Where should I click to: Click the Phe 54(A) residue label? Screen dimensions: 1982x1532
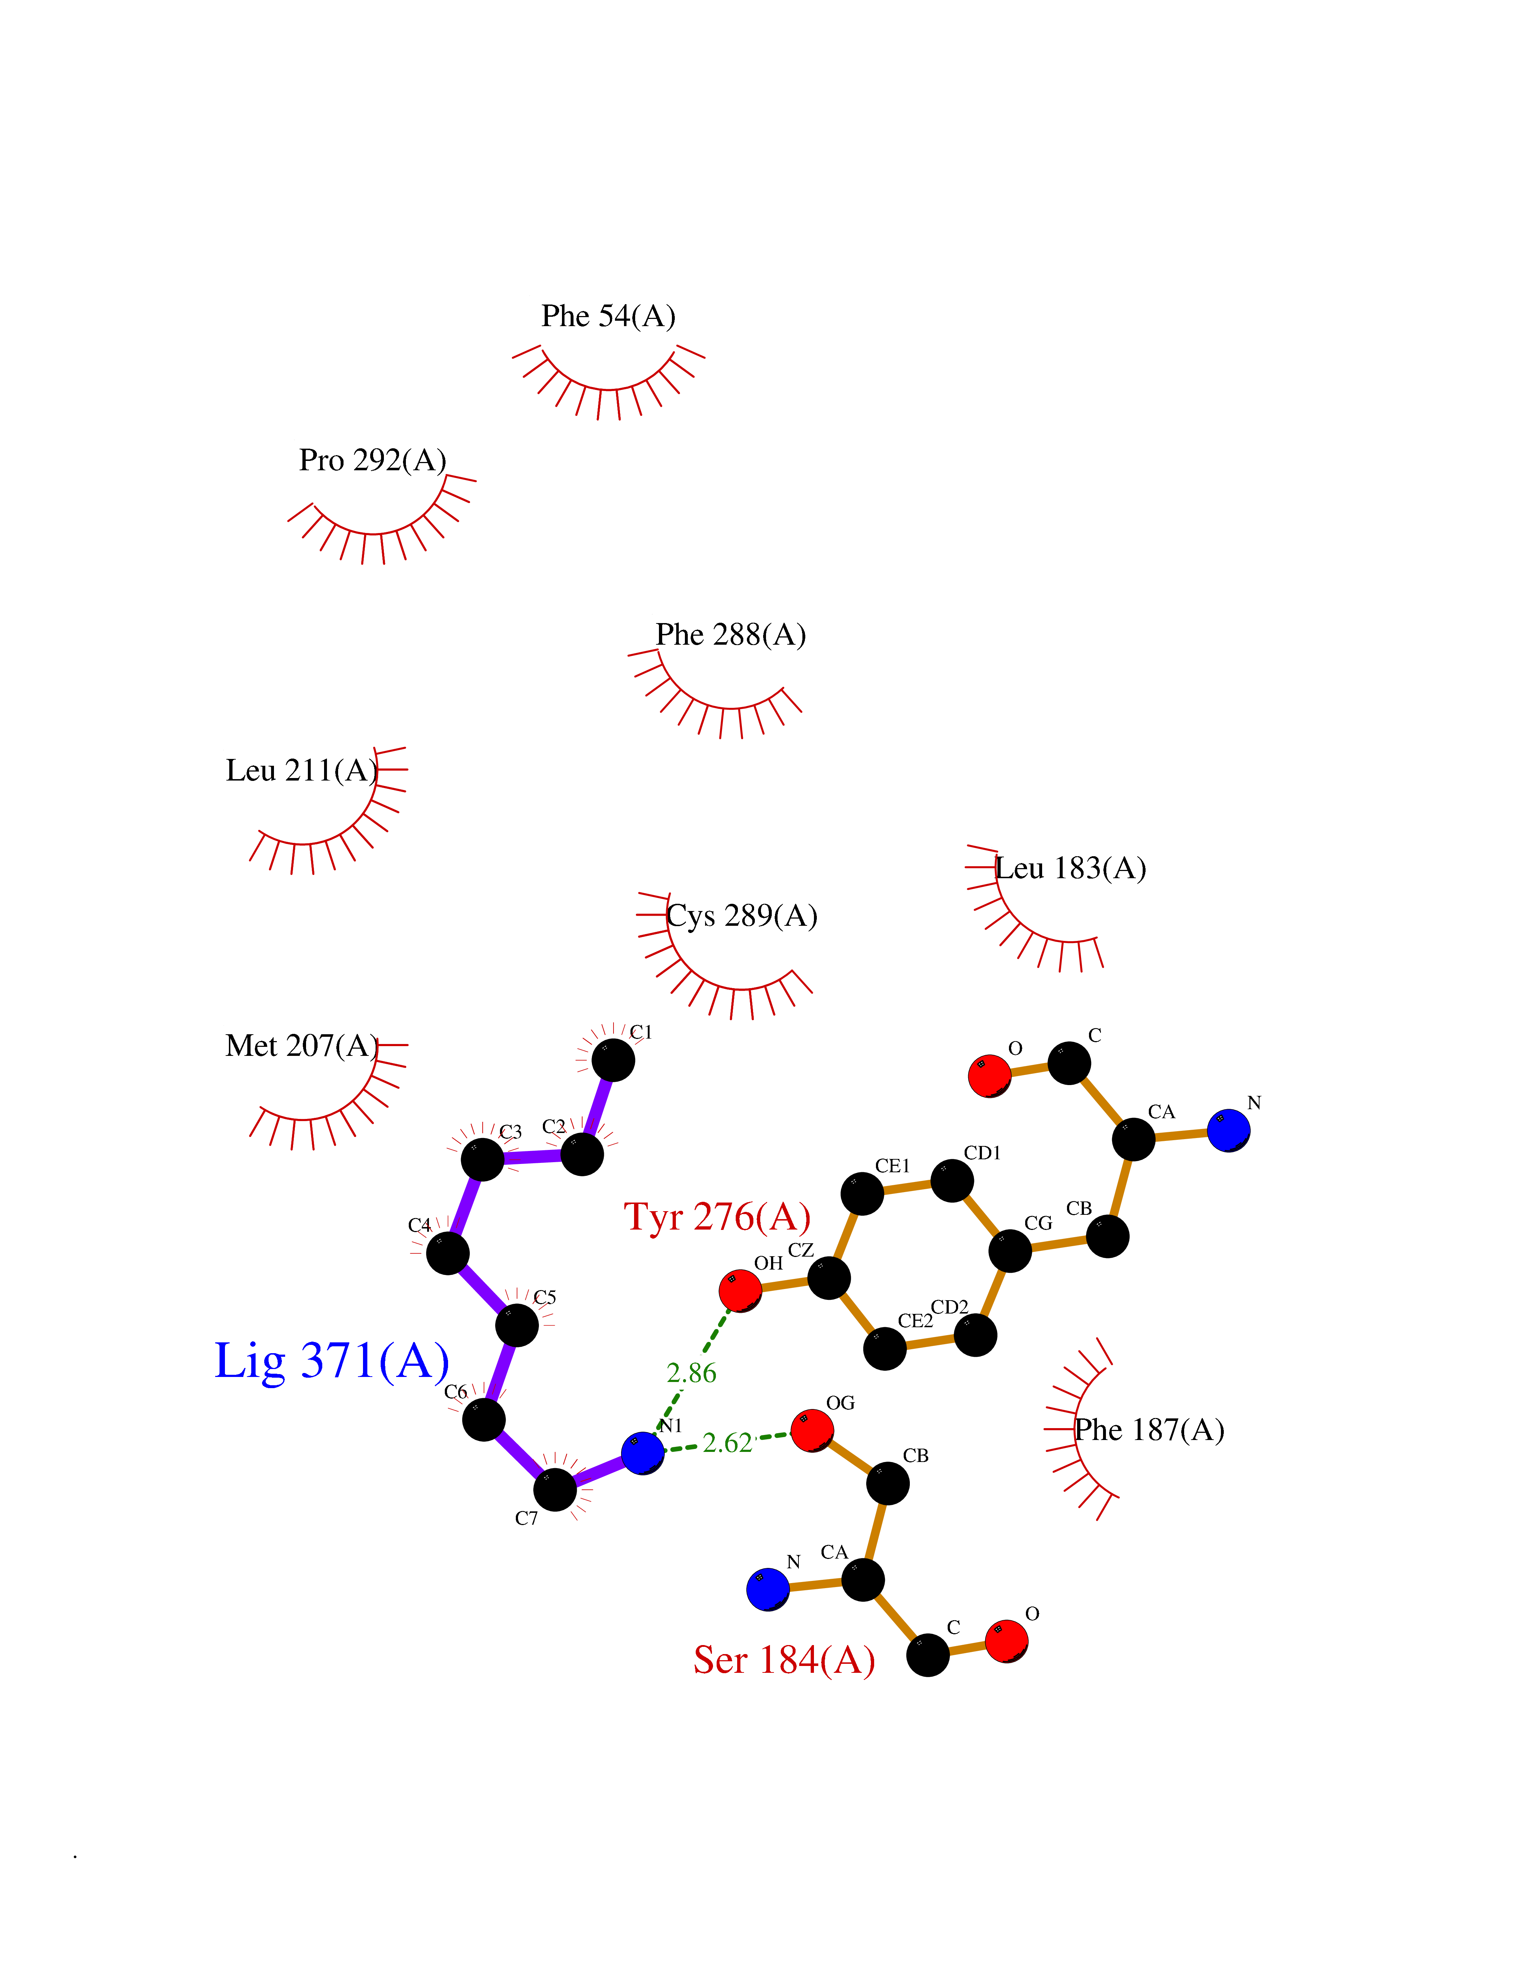click(608, 316)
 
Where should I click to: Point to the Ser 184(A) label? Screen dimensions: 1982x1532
click(784, 1660)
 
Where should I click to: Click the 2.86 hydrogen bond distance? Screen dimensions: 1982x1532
click(692, 1373)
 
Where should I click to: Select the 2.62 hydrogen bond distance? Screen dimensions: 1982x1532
click(727, 1442)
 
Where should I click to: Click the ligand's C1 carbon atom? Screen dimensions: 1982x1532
click(614, 1059)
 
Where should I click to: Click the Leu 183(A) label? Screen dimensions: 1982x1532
click(1071, 868)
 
